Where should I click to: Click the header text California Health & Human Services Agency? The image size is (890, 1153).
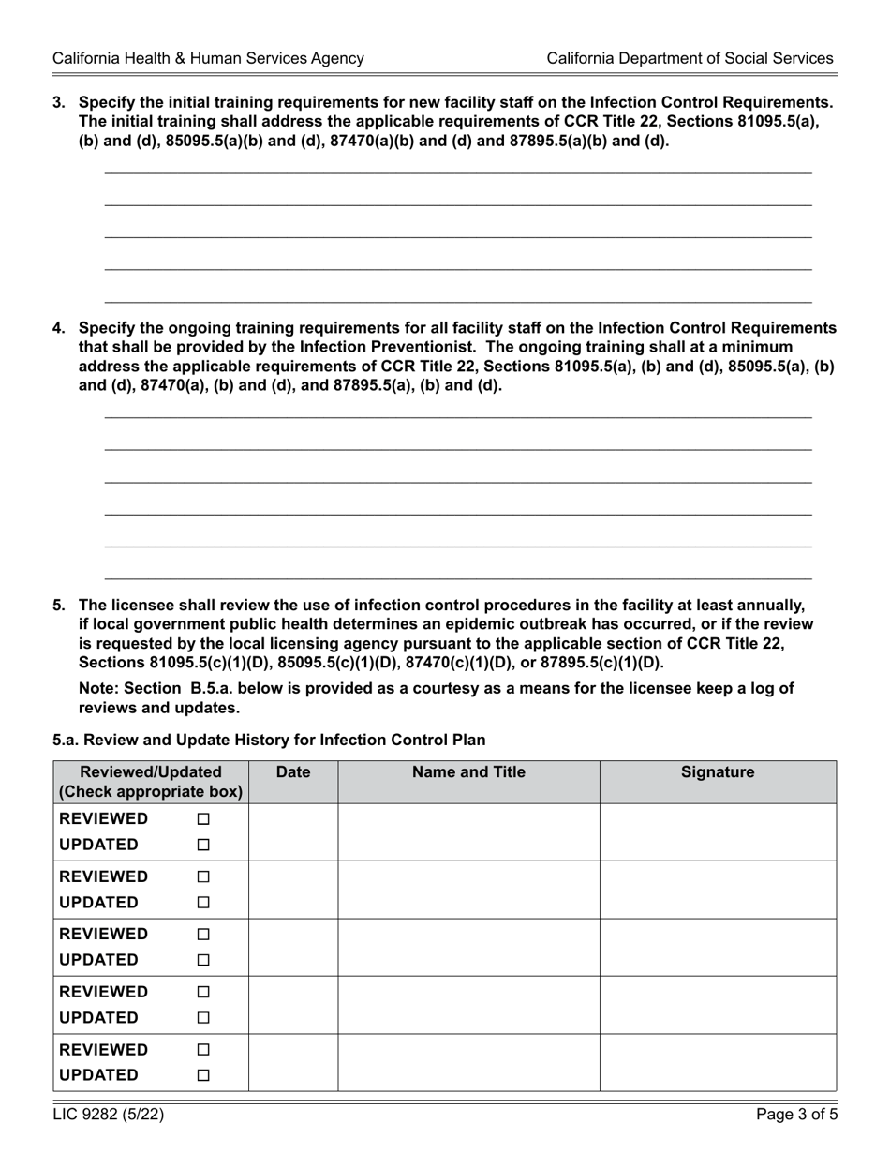[x=208, y=58]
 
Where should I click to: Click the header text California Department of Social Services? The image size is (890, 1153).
[x=690, y=58]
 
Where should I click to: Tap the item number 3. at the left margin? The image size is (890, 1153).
[x=59, y=102]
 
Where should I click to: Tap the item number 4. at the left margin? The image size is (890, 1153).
[x=59, y=328]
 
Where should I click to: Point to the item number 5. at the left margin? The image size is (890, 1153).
[x=59, y=606]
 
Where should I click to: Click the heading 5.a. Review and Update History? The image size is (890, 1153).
[x=269, y=740]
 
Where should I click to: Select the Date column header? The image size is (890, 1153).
[x=293, y=772]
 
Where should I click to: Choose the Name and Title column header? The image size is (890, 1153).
[x=468, y=772]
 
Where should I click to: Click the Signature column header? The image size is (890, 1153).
[x=718, y=772]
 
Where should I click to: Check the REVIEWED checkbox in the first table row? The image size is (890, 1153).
[x=203, y=819]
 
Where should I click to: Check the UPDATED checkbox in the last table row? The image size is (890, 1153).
[x=203, y=1075]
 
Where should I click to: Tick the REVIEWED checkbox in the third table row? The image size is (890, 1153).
[x=203, y=935]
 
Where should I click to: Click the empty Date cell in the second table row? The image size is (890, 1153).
[x=293, y=890]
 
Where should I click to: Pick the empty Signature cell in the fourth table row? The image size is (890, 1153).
[x=718, y=1005]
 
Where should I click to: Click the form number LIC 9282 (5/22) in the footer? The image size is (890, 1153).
[x=109, y=1115]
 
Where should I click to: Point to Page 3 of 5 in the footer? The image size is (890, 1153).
[x=796, y=1115]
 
